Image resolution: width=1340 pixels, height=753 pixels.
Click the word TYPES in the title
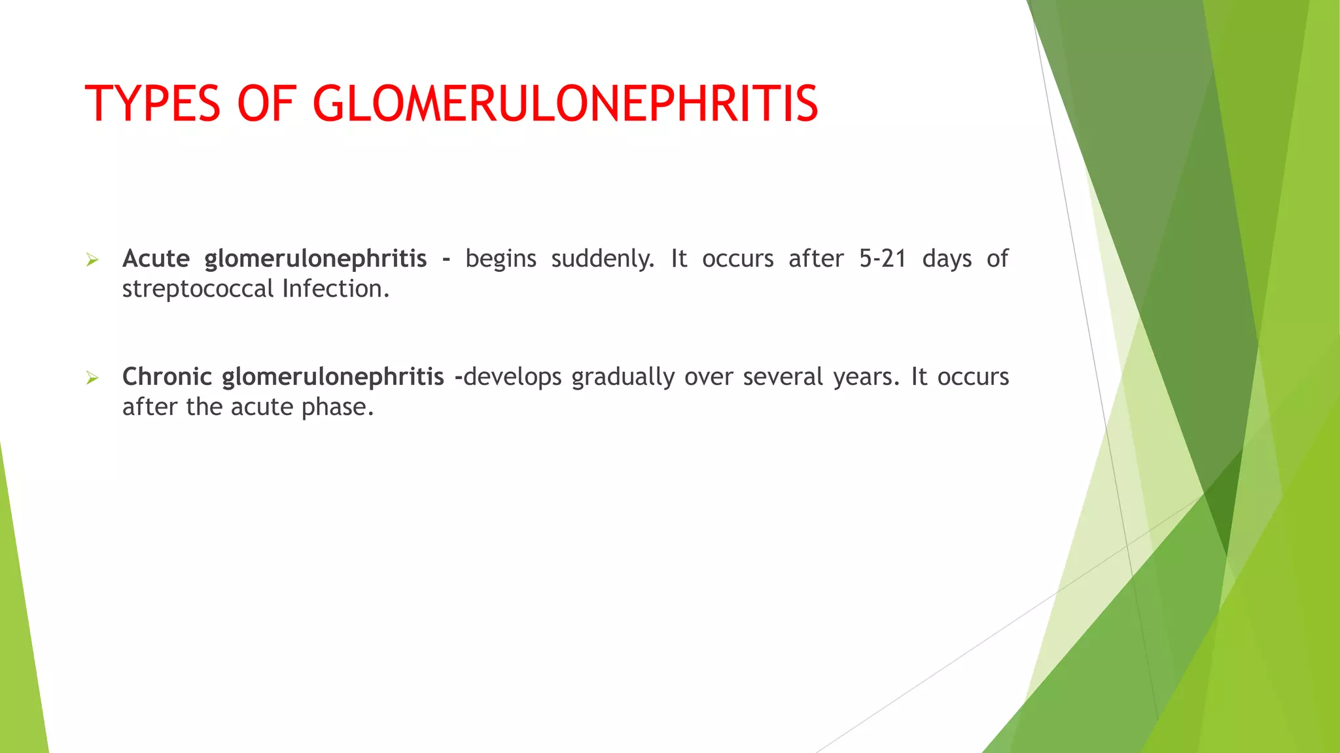click(152, 104)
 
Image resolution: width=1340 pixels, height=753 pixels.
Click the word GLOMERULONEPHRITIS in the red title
click(565, 104)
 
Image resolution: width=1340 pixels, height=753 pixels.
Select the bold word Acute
click(156, 259)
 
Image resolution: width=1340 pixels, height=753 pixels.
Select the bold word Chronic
click(167, 377)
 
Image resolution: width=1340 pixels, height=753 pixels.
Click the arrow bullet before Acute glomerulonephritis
click(92, 261)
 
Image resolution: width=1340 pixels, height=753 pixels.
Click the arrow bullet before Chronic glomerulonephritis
click(92, 378)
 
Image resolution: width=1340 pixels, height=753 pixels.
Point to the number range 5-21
click(883, 259)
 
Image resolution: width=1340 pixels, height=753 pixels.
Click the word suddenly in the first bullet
click(602, 259)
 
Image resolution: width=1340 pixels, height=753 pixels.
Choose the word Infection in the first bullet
click(335, 289)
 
